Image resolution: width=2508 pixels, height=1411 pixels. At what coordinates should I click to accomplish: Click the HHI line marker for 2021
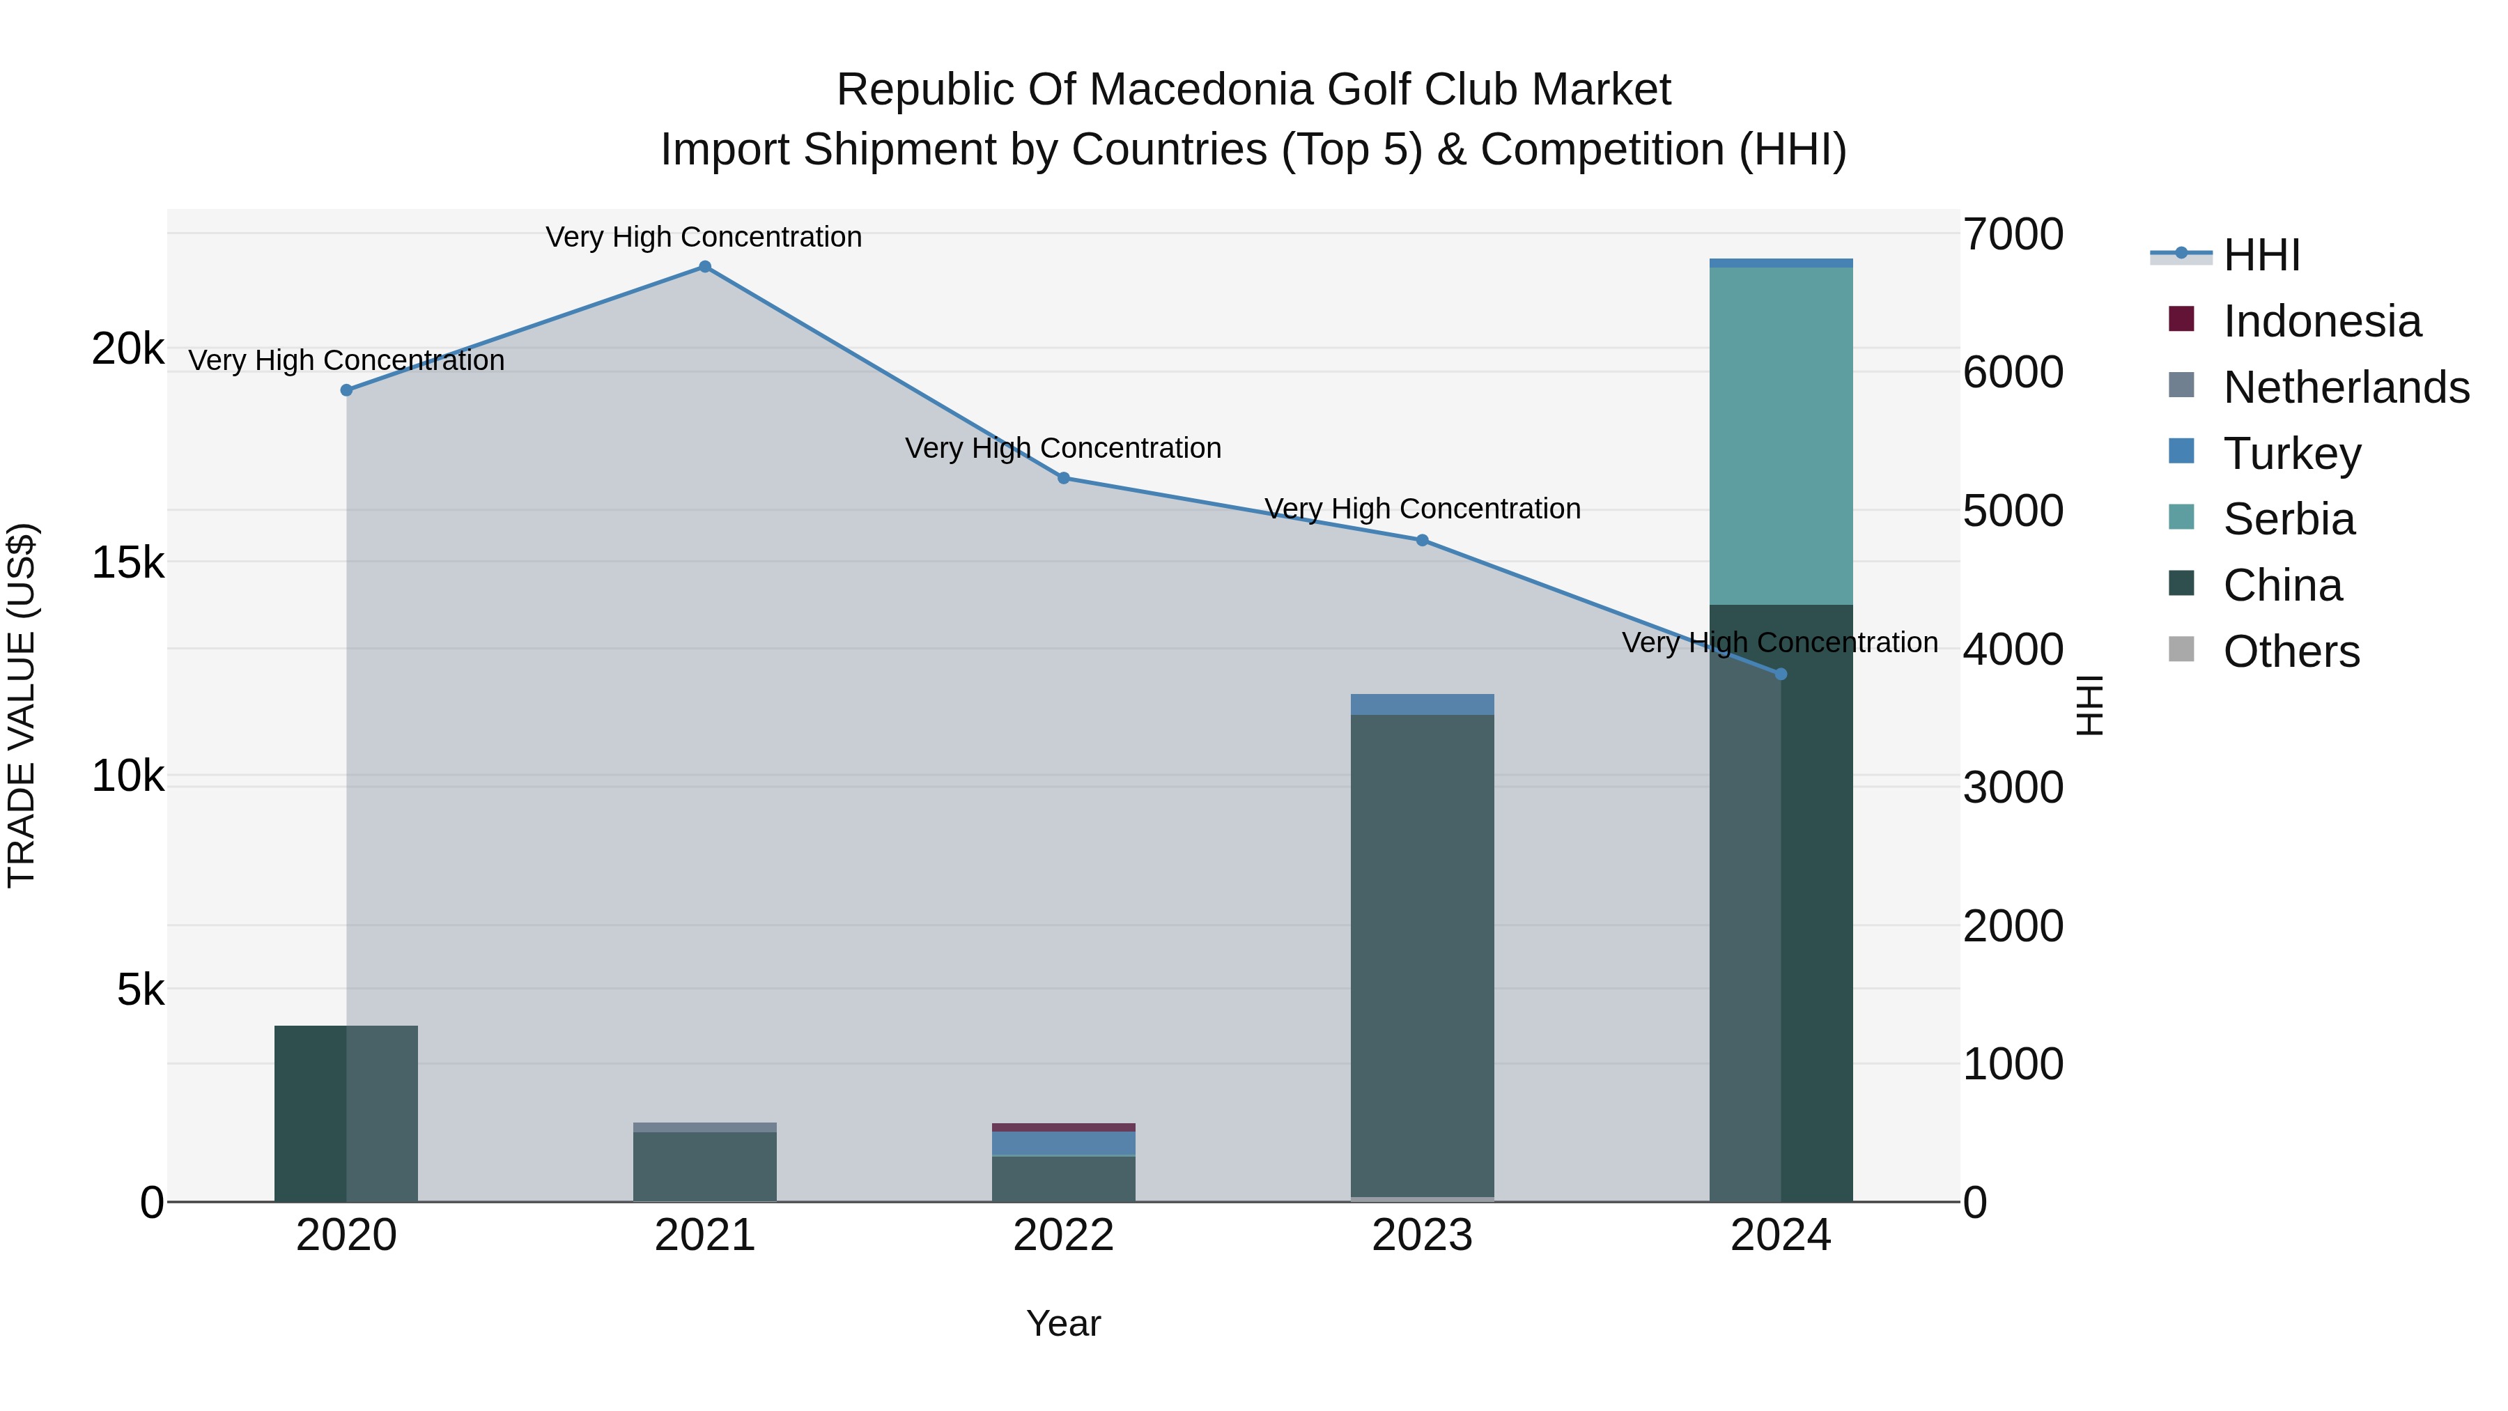[x=705, y=267]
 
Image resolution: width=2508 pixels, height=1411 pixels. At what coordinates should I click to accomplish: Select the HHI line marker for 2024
[x=1781, y=674]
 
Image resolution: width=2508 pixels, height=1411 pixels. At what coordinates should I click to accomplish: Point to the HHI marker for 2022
[x=1063, y=478]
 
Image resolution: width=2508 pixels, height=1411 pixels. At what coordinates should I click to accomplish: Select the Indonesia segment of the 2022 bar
[x=1063, y=1127]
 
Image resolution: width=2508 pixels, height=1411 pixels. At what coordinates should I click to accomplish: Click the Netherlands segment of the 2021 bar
[x=705, y=1127]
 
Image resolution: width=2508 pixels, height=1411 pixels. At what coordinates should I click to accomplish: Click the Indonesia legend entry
[x=2321, y=321]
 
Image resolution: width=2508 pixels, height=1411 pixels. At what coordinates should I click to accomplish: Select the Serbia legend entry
[x=2288, y=519]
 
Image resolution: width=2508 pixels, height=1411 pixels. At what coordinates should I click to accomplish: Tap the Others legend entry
[x=2291, y=651]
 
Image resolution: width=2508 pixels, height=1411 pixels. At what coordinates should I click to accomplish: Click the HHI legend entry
[x=2261, y=255]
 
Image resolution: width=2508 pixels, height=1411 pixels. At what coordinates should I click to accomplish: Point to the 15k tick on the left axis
[x=127, y=563]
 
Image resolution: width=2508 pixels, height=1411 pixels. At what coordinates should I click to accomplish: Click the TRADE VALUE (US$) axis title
[x=22, y=705]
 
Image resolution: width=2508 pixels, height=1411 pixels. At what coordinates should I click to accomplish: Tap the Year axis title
[x=1063, y=1323]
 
